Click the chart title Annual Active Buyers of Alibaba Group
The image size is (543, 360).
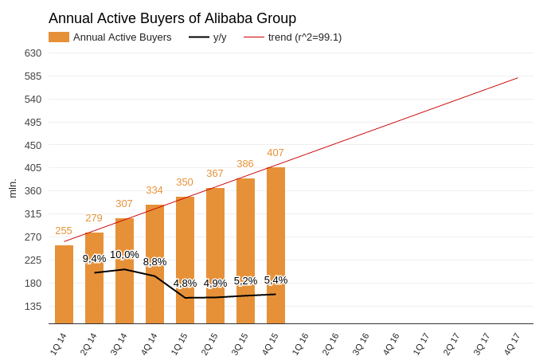coord(173,18)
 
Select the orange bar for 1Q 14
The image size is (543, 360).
coord(64,284)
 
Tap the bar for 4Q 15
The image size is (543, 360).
coord(275,245)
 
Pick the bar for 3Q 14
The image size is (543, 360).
coord(124,271)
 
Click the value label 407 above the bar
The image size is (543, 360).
coord(275,153)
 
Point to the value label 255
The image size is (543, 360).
coord(64,231)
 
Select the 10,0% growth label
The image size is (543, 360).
coord(124,255)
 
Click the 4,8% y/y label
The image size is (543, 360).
coord(185,284)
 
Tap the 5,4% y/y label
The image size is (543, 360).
coord(275,280)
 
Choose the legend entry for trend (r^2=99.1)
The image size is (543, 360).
coord(293,37)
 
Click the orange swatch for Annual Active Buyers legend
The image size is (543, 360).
coord(59,37)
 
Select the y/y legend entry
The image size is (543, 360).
coord(208,37)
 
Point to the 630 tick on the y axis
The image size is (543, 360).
coord(33,53)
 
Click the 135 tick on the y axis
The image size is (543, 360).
coord(33,307)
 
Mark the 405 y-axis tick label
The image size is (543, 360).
coord(33,168)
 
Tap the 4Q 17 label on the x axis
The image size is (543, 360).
coord(512,344)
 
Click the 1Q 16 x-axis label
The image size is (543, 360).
coord(300,344)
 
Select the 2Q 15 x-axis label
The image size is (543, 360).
coord(209,344)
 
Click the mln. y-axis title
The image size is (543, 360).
coord(13,189)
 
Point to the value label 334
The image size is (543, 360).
coord(154,190)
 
